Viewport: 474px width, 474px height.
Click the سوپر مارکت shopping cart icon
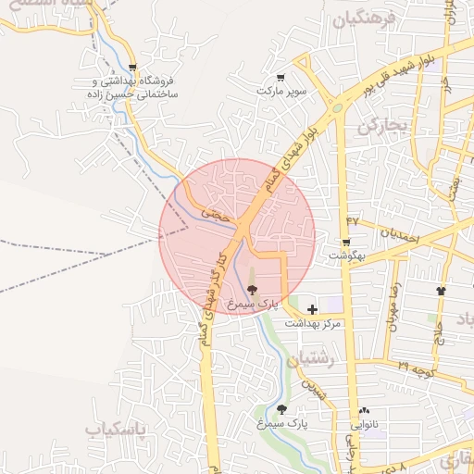pyautogui.click(x=281, y=77)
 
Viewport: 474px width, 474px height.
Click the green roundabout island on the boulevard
pyautogui.click(x=338, y=108)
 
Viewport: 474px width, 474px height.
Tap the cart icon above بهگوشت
pyautogui.click(x=347, y=241)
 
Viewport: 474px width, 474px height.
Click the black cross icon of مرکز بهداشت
pyautogui.click(x=311, y=309)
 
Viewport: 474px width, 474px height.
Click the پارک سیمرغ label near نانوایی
pyautogui.click(x=284, y=422)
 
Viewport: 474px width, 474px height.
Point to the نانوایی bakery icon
pyautogui.click(x=363, y=410)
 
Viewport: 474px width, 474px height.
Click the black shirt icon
pyautogui.click(x=440, y=290)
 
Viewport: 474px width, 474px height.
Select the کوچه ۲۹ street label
pyautogui.click(x=417, y=368)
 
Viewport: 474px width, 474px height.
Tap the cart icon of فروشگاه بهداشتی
pyautogui.click(x=133, y=68)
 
